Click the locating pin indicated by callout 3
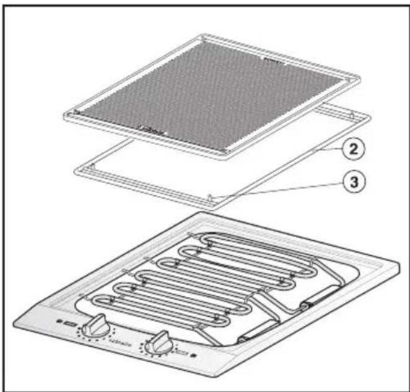213,198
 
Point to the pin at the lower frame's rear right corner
351,116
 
